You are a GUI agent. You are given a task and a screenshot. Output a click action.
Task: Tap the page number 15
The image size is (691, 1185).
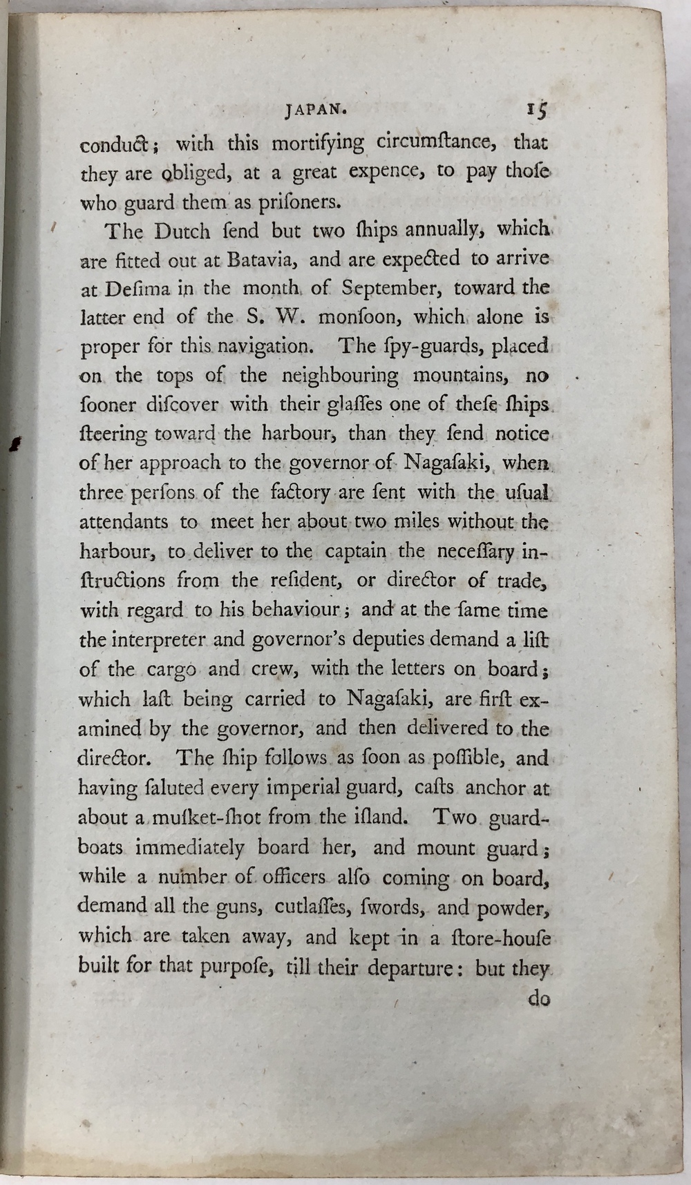click(x=537, y=110)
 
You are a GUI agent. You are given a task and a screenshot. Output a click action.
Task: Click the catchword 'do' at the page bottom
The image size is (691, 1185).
click(x=538, y=999)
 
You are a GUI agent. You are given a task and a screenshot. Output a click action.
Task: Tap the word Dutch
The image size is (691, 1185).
click(x=182, y=231)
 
